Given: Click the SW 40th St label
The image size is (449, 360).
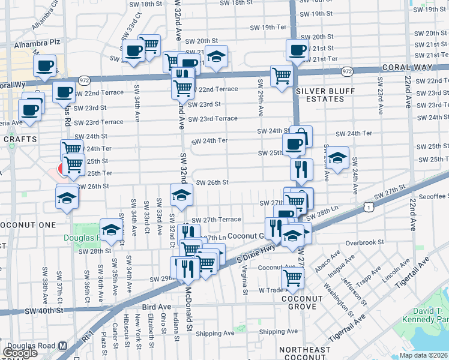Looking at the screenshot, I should [44, 311].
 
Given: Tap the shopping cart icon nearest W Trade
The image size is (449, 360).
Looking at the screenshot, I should [292, 278].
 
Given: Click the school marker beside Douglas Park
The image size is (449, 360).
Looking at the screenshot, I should [111, 229].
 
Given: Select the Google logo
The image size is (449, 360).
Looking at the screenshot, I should [20, 352].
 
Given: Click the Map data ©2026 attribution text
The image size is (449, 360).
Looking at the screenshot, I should [424, 355].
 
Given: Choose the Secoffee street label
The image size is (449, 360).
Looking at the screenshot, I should [432, 196].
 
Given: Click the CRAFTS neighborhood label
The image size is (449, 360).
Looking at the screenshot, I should [21, 139].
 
